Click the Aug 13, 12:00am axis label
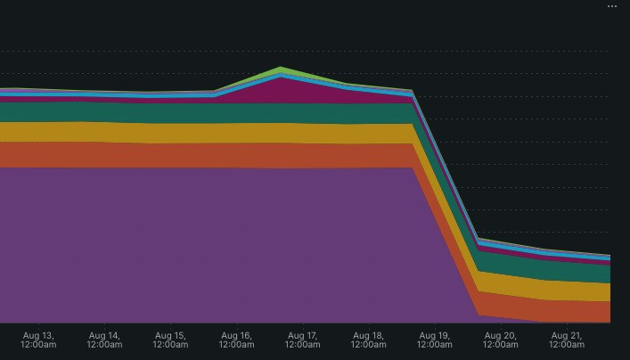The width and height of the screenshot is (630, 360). tap(38, 340)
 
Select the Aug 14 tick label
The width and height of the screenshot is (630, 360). tap(104, 340)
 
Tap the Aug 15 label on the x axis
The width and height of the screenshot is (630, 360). tap(170, 340)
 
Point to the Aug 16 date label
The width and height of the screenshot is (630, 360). tap(236, 340)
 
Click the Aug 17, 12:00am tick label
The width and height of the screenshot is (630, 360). tap(302, 340)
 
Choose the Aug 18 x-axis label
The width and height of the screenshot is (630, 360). tap(368, 340)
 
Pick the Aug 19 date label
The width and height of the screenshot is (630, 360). tap(434, 340)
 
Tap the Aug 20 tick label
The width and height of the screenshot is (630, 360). tap(500, 340)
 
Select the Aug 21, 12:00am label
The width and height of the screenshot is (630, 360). tap(567, 340)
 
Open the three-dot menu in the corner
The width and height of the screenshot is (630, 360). tap(612, 6)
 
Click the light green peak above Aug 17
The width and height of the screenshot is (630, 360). tap(282, 70)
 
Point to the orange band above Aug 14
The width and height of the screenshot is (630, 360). tap(104, 154)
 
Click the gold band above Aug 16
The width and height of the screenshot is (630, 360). tap(236, 133)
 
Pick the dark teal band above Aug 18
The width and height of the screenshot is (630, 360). tap(368, 113)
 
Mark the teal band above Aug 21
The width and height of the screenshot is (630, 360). tap(567, 270)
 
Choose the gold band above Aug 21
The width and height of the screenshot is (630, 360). tap(567, 290)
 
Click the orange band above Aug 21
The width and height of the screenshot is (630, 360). tap(567, 311)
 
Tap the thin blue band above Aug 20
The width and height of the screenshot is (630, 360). tap(500, 247)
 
